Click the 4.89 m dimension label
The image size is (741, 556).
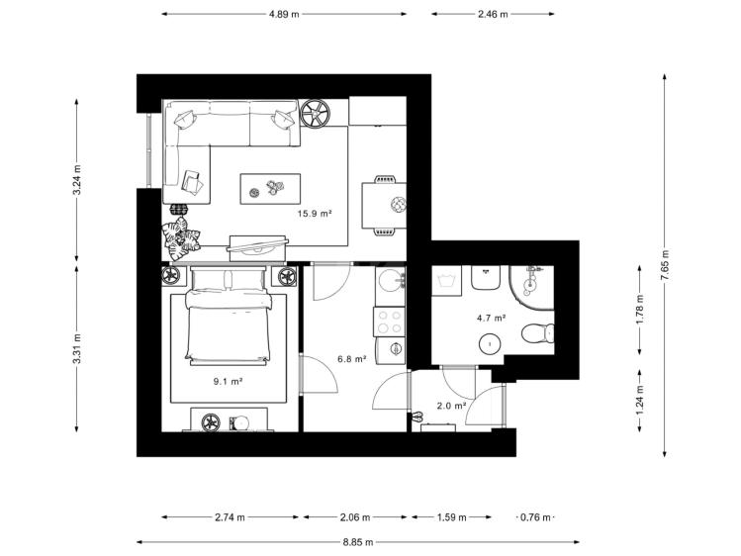click(x=284, y=14)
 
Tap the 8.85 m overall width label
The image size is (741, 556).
click(x=358, y=542)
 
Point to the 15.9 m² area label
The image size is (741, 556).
click(x=315, y=214)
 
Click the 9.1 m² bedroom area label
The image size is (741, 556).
click(x=228, y=381)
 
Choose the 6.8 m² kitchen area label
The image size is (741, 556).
click(x=352, y=359)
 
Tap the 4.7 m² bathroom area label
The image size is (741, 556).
click(x=492, y=318)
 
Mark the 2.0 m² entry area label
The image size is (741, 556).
click(x=452, y=406)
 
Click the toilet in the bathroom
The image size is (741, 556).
click(x=538, y=333)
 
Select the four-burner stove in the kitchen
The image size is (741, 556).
click(x=390, y=322)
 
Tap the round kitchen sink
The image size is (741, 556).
click(x=391, y=281)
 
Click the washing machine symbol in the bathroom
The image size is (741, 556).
click(x=446, y=281)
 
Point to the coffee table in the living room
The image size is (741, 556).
click(x=270, y=189)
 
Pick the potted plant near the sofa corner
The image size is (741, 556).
click(x=180, y=238)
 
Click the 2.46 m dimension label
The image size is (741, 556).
click(x=493, y=14)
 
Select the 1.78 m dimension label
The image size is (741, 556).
click(x=640, y=310)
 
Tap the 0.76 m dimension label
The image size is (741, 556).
click(x=535, y=517)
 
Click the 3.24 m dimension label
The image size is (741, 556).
click(x=77, y=179)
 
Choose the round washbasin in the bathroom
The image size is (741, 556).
click(x=490, y=343)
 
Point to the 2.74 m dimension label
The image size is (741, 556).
click(x=231, y=517)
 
